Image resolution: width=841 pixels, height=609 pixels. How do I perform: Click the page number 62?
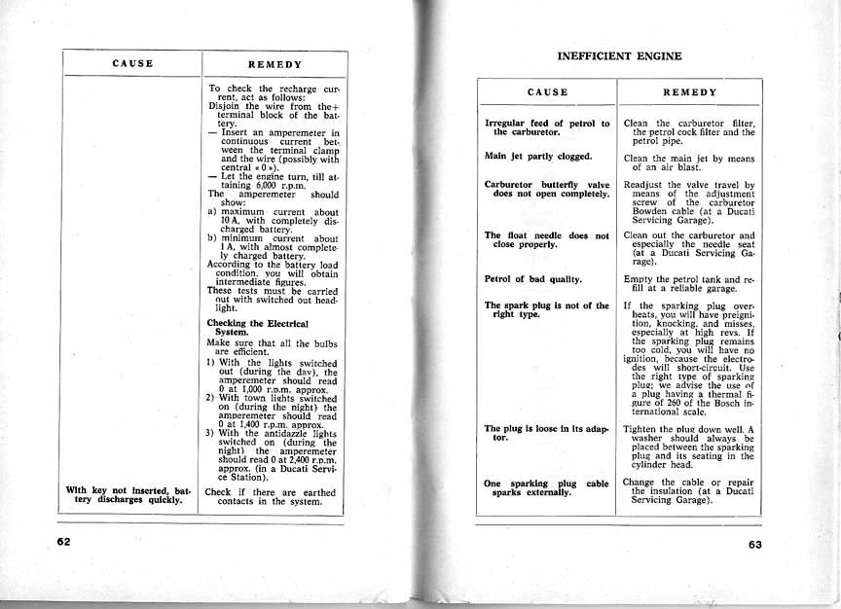tap(65, 543)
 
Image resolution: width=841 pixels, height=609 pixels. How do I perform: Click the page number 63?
tap(755, 545)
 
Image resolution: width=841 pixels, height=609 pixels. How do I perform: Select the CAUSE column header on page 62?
tap(133, 64)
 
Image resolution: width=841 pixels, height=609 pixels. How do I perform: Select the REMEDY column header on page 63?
tap(689, 91)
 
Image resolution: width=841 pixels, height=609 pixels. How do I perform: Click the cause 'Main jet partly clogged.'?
tap(538, 156)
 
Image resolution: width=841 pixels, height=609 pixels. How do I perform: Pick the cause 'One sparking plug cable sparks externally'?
tap(546, 487)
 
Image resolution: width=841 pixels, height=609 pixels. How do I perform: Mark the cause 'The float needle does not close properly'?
tap(546, 239)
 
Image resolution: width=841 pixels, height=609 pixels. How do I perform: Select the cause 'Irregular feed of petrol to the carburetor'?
tap(546, 128)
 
